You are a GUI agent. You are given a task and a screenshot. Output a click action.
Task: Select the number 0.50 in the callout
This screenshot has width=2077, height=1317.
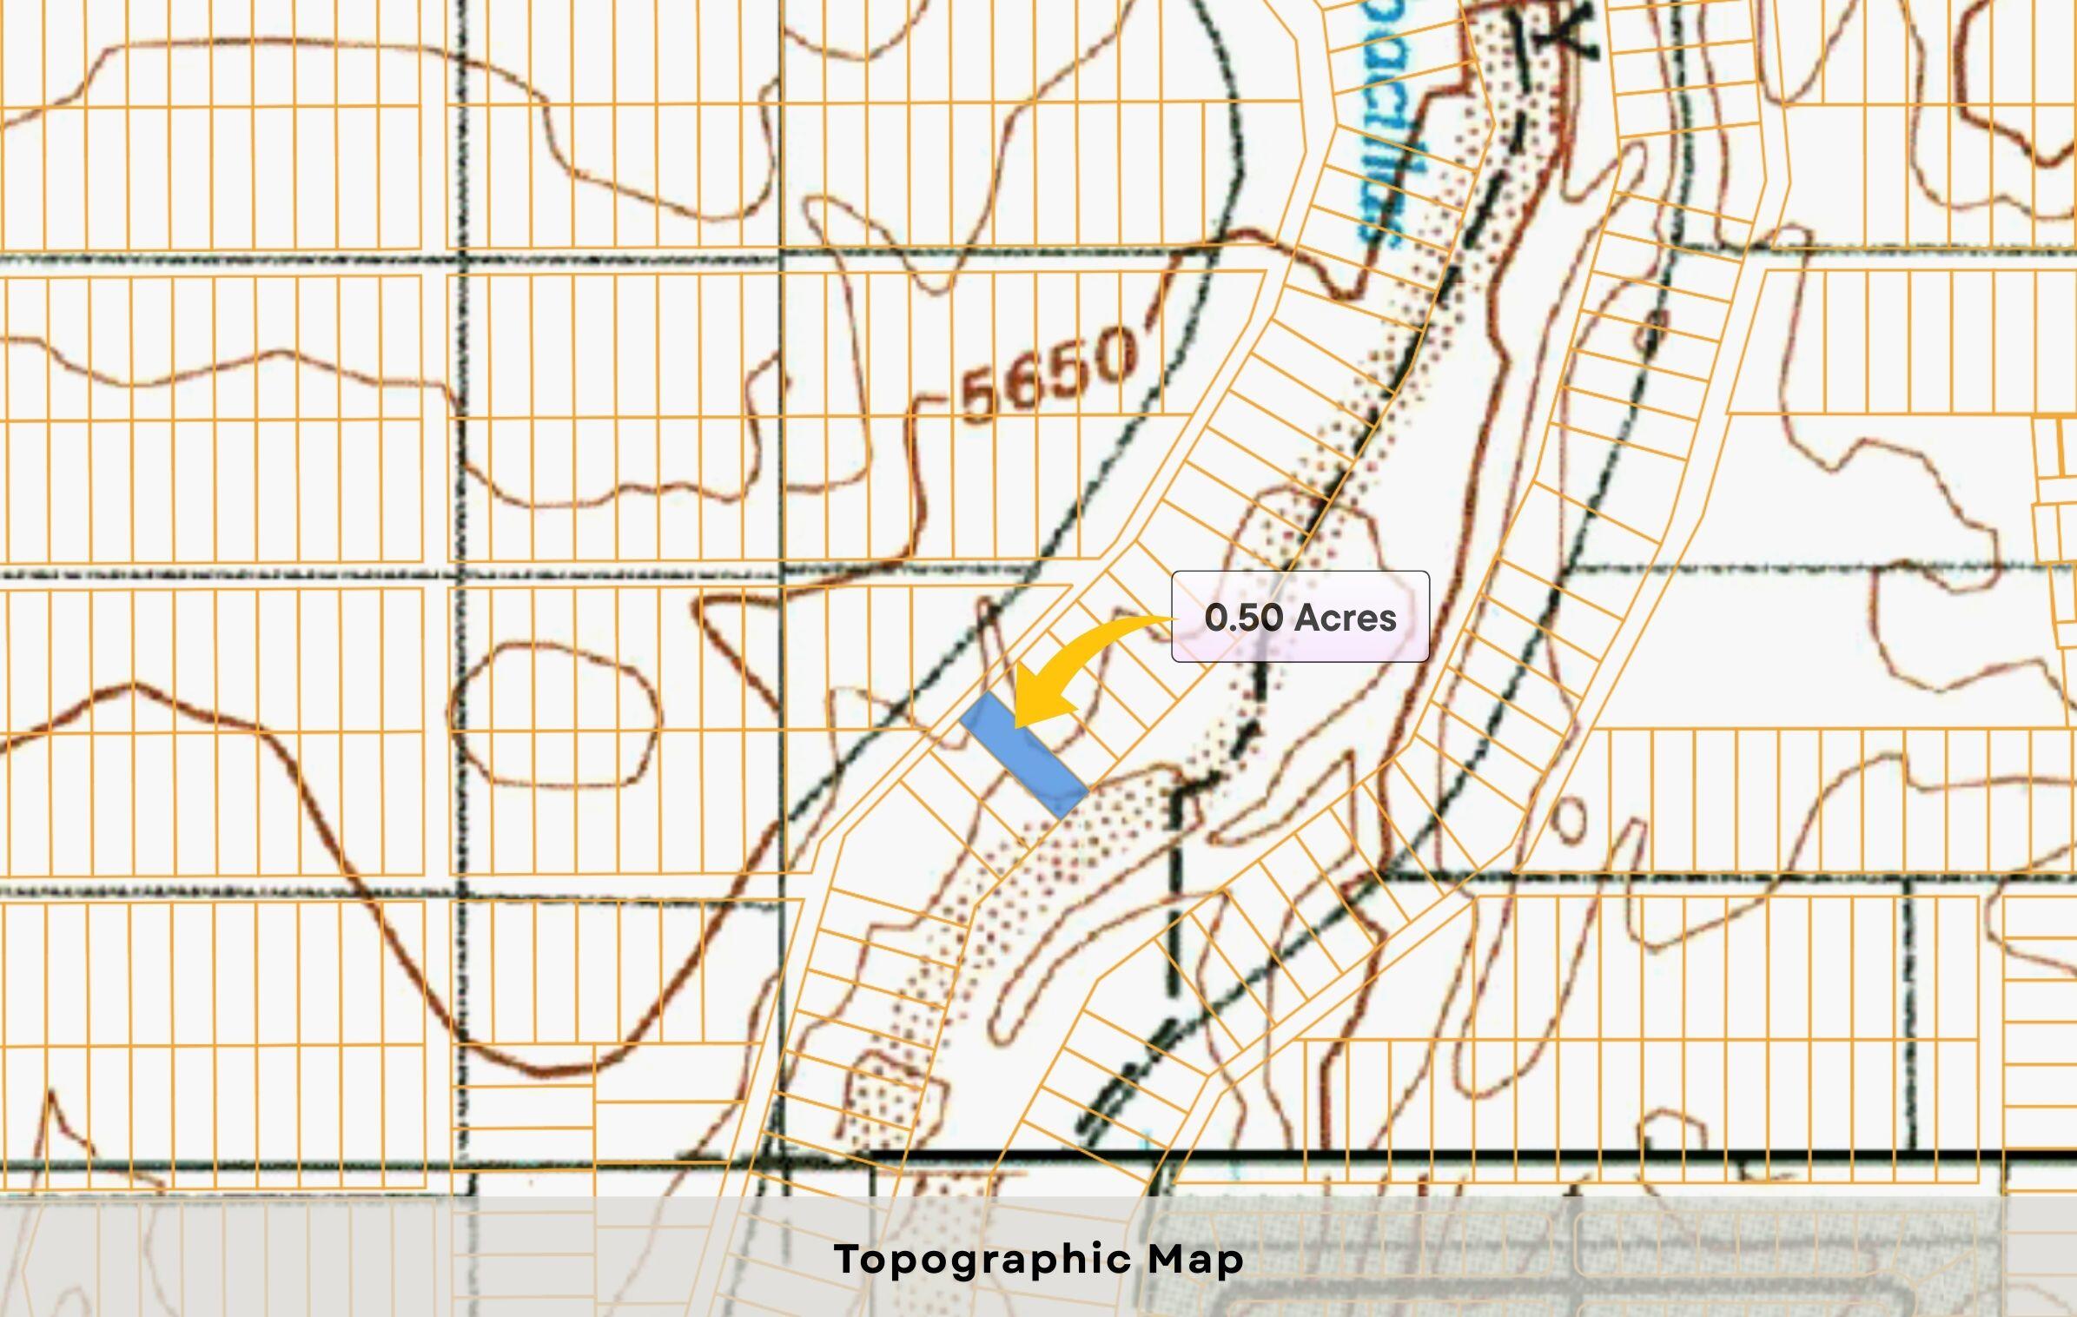tap(1243, 618)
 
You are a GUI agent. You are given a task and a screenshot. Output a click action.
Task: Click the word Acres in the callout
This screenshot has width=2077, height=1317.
tap(1347, 618)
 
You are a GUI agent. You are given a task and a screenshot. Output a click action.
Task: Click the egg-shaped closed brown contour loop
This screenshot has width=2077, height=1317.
tap(556, 714)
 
